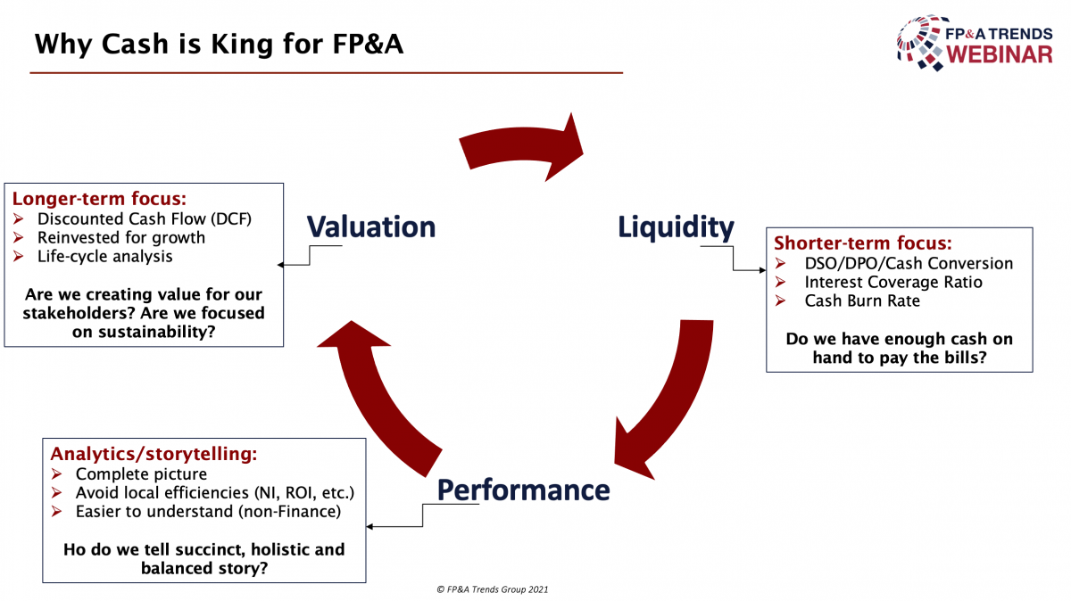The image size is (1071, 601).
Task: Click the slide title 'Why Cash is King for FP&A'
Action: (x=219, y=45)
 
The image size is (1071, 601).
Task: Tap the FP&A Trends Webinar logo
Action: (x=975, y=43)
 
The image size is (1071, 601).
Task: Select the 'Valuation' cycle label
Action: (x=371, y=226)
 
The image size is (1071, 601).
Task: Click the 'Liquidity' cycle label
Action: (x=676, y=227)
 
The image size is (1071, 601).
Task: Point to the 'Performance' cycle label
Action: (x=524, y=490)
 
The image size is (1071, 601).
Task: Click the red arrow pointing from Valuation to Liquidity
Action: (x=521, y=145)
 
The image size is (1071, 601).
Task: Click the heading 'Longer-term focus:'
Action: (x=99, y=198)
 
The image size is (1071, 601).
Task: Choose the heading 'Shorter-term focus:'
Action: (x=863, y=243)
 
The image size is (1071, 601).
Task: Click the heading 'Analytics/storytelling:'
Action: (x=154, y=453)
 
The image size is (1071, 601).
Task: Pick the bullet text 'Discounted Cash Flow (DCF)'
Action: (x=145, y=218)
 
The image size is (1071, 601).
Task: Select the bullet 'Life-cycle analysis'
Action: (x=104, y=257)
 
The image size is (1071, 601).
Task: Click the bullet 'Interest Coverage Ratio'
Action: (x=893, y=282)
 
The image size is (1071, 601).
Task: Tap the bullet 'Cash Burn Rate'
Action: (x=862, y=300)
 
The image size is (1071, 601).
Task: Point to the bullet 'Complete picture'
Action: (x=141, y=473)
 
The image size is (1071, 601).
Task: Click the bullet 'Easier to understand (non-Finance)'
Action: (x=208, y=512)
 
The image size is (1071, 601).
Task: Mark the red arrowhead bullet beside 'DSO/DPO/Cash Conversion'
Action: (x=780, y=263)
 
